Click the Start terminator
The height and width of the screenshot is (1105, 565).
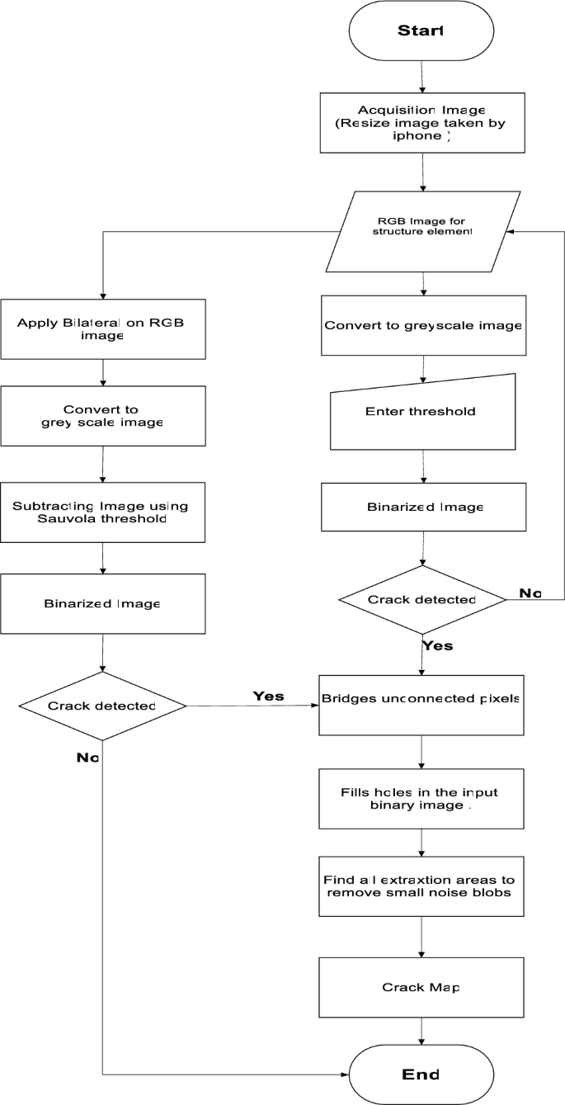[x=421, y=31]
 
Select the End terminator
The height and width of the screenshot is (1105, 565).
[x=421, y=1074]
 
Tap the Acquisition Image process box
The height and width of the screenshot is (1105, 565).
[x=421, y=123]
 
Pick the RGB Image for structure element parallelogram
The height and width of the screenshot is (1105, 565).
[x=423, y=231]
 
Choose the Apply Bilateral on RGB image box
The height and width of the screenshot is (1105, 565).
[x=102, y=328]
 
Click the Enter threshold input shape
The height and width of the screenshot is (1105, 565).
[x=422, y=411]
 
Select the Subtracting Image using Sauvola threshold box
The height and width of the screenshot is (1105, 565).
[x=102, y=512]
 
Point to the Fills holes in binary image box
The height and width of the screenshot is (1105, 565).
[x=421, y=798]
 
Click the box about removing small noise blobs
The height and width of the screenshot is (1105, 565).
[x=421, y=886]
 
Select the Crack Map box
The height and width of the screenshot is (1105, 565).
[x=421, y=987]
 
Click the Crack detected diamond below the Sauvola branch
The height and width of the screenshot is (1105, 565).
[x=102, y=706]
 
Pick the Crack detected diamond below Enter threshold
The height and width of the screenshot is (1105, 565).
[x=423, y=599]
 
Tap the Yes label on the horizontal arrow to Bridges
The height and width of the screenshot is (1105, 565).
[x=268, y=696]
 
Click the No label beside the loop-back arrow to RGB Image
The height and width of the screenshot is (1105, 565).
[x=530, y=593]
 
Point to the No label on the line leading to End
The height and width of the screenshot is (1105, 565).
[x=88, y=757]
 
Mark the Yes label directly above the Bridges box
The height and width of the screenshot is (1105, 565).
[x=437, y=645]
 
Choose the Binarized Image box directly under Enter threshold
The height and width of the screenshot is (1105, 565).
[x=422, y=506]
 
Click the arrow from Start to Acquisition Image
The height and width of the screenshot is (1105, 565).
[x=421, y=78]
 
